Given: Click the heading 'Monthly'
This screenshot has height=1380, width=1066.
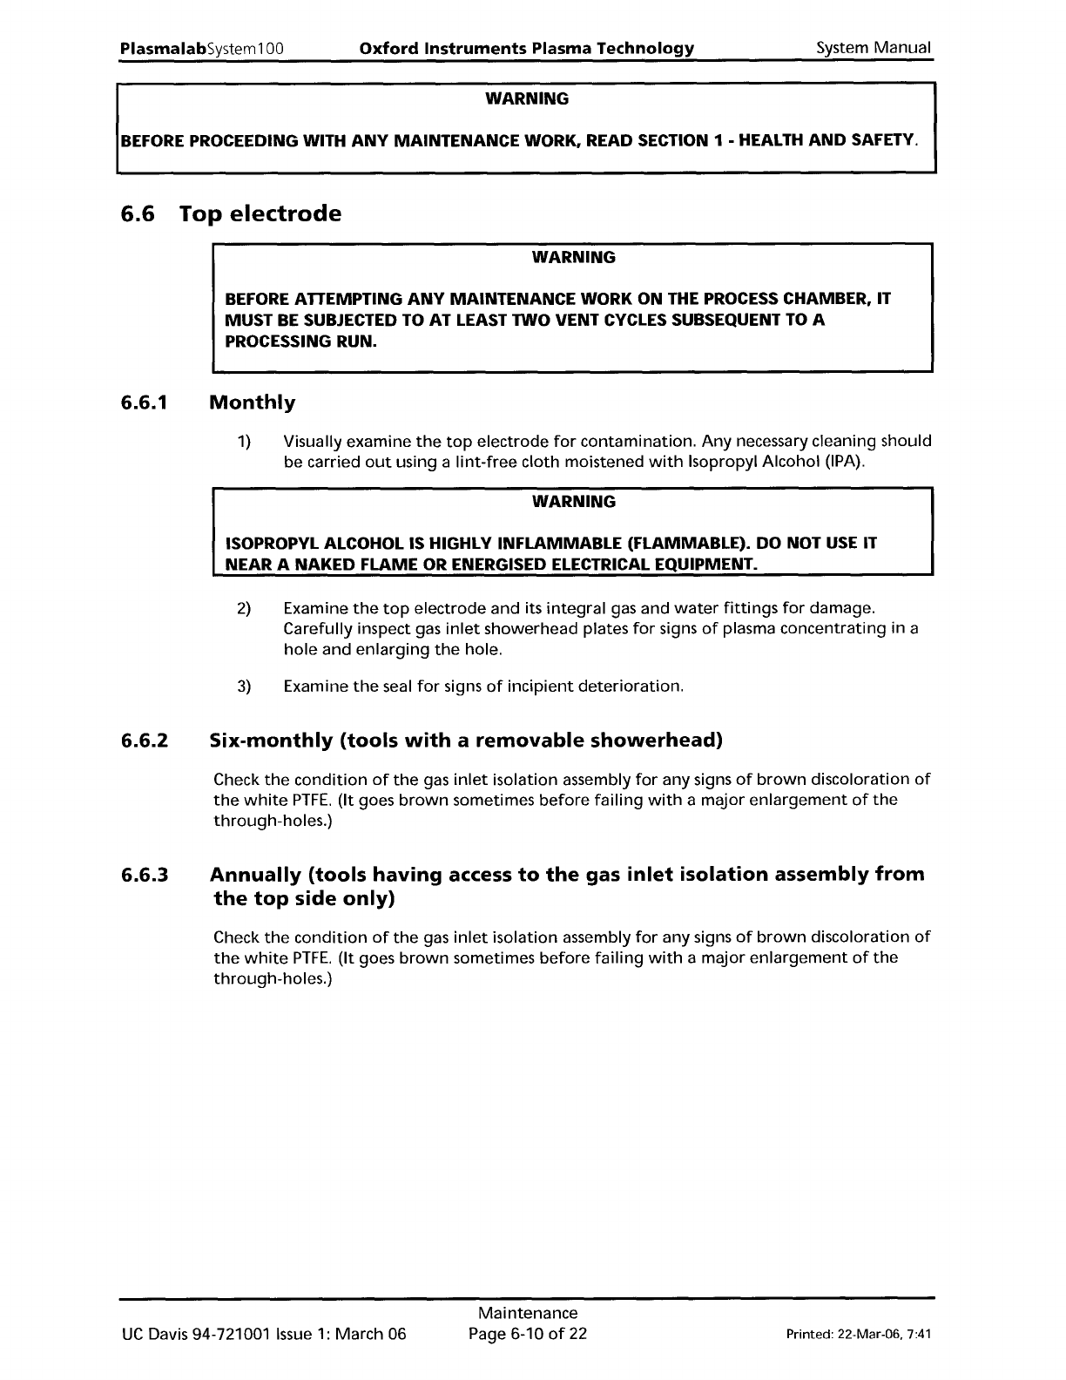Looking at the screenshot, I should pos(253,402).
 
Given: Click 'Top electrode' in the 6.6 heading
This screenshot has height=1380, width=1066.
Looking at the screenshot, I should pos(260,213).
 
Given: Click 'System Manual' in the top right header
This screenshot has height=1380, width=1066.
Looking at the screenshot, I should pos(874,48).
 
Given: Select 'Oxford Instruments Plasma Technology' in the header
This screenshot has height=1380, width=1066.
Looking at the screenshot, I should pos(527,48).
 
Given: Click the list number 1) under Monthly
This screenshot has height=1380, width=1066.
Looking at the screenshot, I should pos(244,441).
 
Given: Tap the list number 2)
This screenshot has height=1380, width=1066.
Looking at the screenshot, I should pos(244,607).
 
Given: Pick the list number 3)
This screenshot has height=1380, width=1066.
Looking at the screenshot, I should pos(244,687).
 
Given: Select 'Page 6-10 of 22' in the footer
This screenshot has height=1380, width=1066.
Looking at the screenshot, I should pos(528,1334).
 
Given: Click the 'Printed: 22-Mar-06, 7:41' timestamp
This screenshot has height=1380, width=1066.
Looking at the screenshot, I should pos(859,1335).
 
